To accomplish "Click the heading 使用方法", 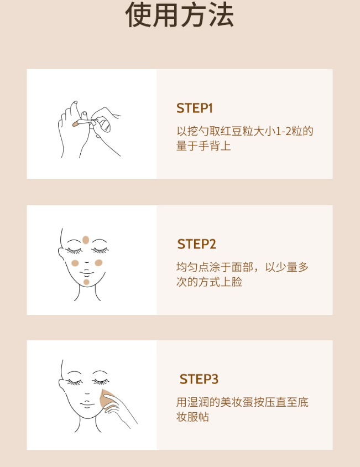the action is coord(180,15).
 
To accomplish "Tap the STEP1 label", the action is coord(195,108).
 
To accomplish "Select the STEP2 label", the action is coord(196,244).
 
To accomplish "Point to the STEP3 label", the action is coord(199,379).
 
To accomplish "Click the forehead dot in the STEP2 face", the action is coord(86,240).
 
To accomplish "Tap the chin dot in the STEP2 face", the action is coord(86,282).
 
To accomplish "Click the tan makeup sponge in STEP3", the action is coord(107,398).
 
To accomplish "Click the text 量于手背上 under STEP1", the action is coord(204,146).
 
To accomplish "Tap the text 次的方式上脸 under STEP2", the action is coord(209,282).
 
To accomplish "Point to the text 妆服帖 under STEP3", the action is coord(192,417).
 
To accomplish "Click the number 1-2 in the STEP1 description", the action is coord(284,131).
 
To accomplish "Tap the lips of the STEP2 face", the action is coord(87,273).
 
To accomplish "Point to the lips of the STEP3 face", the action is coord(87,404).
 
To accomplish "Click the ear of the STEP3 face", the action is coord(62,386).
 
